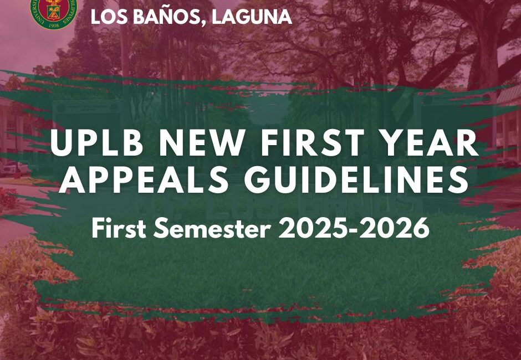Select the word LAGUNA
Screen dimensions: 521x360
tap(252, 17)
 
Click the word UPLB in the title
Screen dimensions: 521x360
tap(97, 143)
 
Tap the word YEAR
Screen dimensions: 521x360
tap(429, 143)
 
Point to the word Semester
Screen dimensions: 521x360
tap(212, 229)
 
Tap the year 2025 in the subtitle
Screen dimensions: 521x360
tap(315, 229)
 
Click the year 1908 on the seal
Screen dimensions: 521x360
tap(54, 25)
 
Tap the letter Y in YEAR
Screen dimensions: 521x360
tap(391, 143)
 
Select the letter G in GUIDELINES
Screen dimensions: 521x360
tap(256, 180)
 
